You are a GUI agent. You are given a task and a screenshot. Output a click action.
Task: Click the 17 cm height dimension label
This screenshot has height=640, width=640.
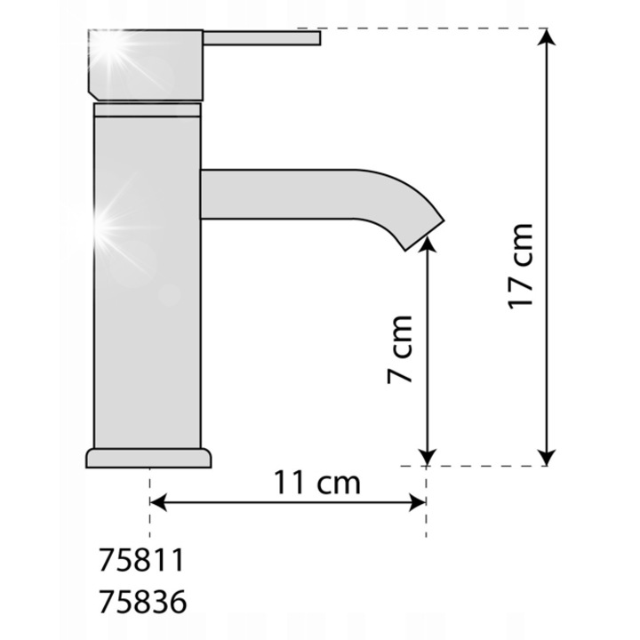pyautogui.click(x=520, y=266)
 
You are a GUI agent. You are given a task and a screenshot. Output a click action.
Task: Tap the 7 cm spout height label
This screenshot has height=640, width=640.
pyautogui.click(x=400, y=349)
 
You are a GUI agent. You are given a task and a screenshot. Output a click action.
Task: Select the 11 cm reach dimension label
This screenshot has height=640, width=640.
pyautogui.click(x=316, y=482)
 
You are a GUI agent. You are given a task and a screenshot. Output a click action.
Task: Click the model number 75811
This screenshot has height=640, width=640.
pyautogui.click(x=141, y=560)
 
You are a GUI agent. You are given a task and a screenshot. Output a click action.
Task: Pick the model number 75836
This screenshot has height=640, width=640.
pyautogui.click(x=142, y=601)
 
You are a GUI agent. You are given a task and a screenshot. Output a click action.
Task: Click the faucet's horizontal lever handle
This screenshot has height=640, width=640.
pyautogui.click(x=261, y=38)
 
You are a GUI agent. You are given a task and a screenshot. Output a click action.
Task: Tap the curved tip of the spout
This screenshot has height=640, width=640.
pyautogui.click(x=420, y=232)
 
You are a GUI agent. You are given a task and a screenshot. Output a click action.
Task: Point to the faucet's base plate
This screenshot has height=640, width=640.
pyautogui.click(x=148, y=459)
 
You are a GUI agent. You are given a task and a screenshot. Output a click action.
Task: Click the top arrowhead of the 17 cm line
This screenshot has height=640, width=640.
pyautogui.click(x=547, y=36)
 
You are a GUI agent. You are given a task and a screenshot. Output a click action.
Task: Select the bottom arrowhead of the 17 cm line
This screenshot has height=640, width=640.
pyautogui.click(x=547, y=457)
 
